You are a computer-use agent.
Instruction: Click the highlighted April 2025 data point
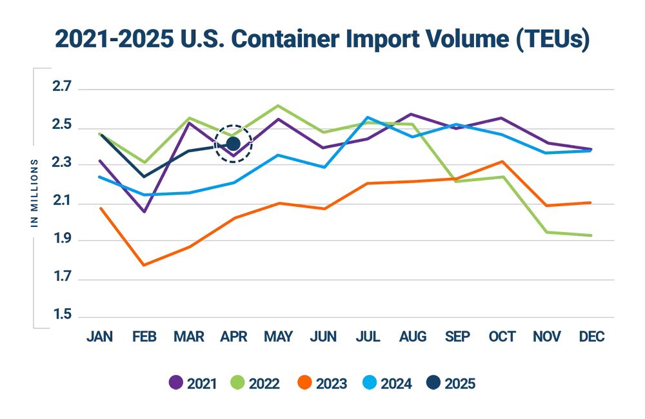tap(233, 143)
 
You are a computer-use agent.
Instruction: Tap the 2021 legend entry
tap(192, 384)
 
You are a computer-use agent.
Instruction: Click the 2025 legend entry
tap(451, 384)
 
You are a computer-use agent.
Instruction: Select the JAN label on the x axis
tap(99, 337)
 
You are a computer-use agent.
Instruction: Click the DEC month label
tap(591, 337)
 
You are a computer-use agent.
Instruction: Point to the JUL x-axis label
tap(368, 337)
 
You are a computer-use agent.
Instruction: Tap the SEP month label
tap(457, 337)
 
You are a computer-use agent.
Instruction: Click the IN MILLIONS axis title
tap(35, 193)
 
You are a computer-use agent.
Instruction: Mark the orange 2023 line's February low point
tap(144, 265)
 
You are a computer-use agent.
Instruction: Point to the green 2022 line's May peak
tap(278, 105)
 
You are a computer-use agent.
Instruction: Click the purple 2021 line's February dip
tap(144, 211)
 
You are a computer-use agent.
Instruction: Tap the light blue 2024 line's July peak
tap(368, 117)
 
